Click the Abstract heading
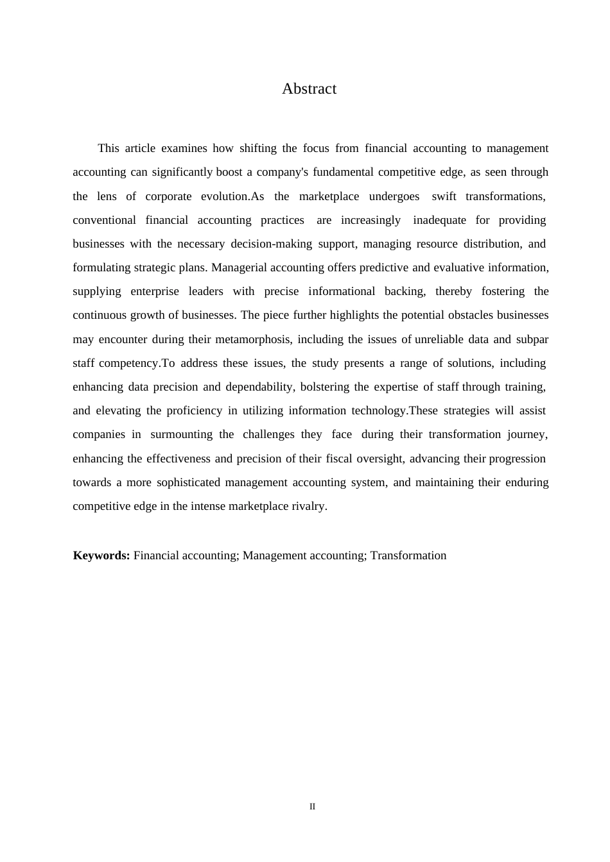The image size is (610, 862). (309, 89)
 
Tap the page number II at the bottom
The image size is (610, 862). (312, 806)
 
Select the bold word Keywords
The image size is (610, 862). (101, 555)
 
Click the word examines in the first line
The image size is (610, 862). (184, 148)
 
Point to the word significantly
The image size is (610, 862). (182, 172)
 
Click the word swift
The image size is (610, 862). (444, 196)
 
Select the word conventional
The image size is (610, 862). (104, 220)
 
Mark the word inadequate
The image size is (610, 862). (439, 220)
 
